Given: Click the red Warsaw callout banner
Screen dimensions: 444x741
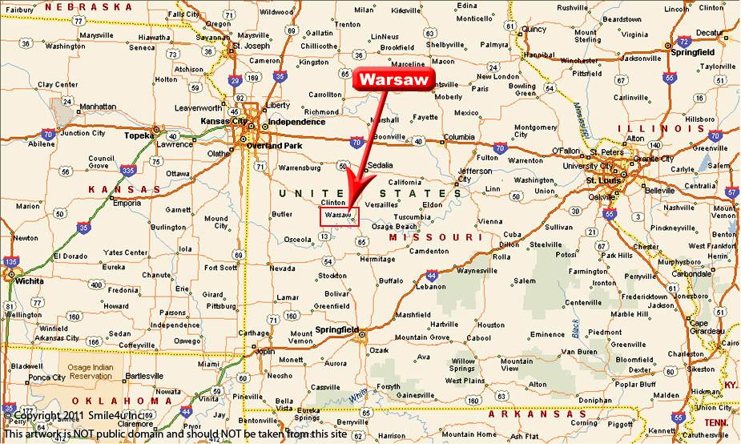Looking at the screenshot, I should pos(394,79).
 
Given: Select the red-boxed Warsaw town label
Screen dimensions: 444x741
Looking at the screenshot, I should pos(339,216).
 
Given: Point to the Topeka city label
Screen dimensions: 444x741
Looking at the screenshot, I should pos(138,135).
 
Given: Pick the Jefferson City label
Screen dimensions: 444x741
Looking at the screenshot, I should pos(475,175).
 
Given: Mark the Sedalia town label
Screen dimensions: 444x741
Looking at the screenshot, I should pos(379,166).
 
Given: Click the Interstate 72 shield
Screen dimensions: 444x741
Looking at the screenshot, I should pos(683,42).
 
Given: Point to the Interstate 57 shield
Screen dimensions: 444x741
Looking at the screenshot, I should pos(731,192).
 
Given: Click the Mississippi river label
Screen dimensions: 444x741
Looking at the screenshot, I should pos(582,120).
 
